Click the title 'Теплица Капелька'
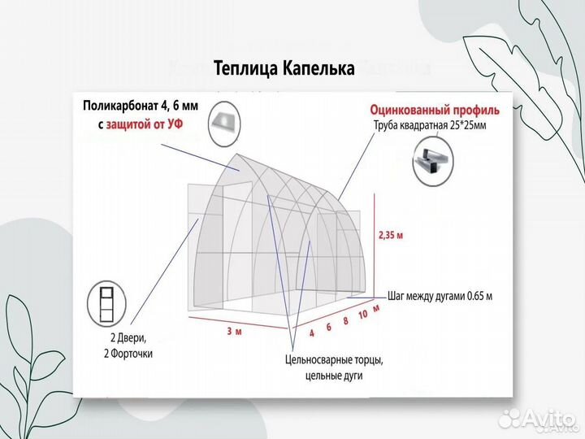coord(284,68)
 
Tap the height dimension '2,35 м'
coord(392,237)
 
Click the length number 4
coord(311,333)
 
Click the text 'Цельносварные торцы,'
coord(334,359)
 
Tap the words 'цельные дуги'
coord(334,376)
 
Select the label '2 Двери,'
coord(129,338)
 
